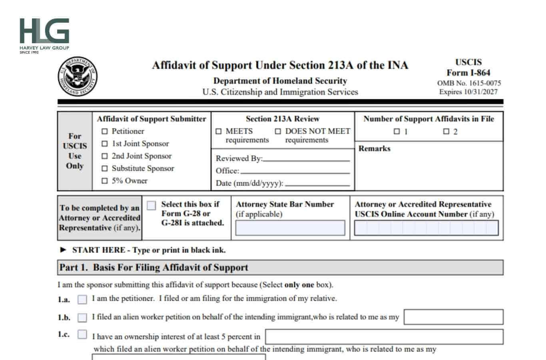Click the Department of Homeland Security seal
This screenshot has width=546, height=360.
(x=78, y=76)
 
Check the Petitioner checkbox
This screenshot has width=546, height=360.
(x=105, y=131)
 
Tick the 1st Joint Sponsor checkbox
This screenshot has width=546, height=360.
(x=105, y=144)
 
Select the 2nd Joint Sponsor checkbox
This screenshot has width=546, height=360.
(x=105, y=156)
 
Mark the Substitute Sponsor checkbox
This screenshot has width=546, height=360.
(x=105, y=168)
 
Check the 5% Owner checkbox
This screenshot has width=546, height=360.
(x=105, y=181)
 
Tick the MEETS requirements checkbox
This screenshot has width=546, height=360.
(x=219, y=131)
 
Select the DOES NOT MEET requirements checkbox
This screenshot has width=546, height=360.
(x=278, y=131)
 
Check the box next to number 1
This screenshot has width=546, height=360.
(x=397, y=131)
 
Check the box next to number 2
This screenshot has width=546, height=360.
(x=446, y=131)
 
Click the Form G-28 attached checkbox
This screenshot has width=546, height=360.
(x=151, y=206)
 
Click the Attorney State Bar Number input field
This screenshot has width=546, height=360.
(x=290, y=228)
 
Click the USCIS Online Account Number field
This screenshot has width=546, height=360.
(x=426, y=228)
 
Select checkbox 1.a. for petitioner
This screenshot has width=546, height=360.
(x=82, y=299)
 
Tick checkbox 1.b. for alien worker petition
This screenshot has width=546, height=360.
(x=82, y=318)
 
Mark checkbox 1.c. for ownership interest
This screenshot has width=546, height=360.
(x=82, y=334)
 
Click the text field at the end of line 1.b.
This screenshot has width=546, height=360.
(x=453, y=317)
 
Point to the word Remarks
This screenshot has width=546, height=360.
(x=374, y=148)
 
